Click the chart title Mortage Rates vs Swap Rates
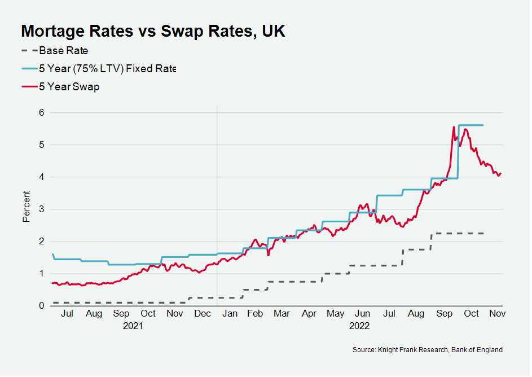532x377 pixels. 153,32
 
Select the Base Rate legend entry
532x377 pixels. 63,51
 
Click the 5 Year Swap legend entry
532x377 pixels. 69,87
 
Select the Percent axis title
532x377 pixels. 26,207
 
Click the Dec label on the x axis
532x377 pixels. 202,314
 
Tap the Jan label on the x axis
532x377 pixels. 230,314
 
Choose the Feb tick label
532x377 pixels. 255,314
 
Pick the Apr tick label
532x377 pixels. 309,314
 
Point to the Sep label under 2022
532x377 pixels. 445,314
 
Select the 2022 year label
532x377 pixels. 359,326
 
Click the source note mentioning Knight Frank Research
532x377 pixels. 427,350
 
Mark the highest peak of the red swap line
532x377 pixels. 454,127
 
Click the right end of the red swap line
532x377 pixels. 501,173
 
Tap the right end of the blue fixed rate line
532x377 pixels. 483,125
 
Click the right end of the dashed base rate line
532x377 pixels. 483,233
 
